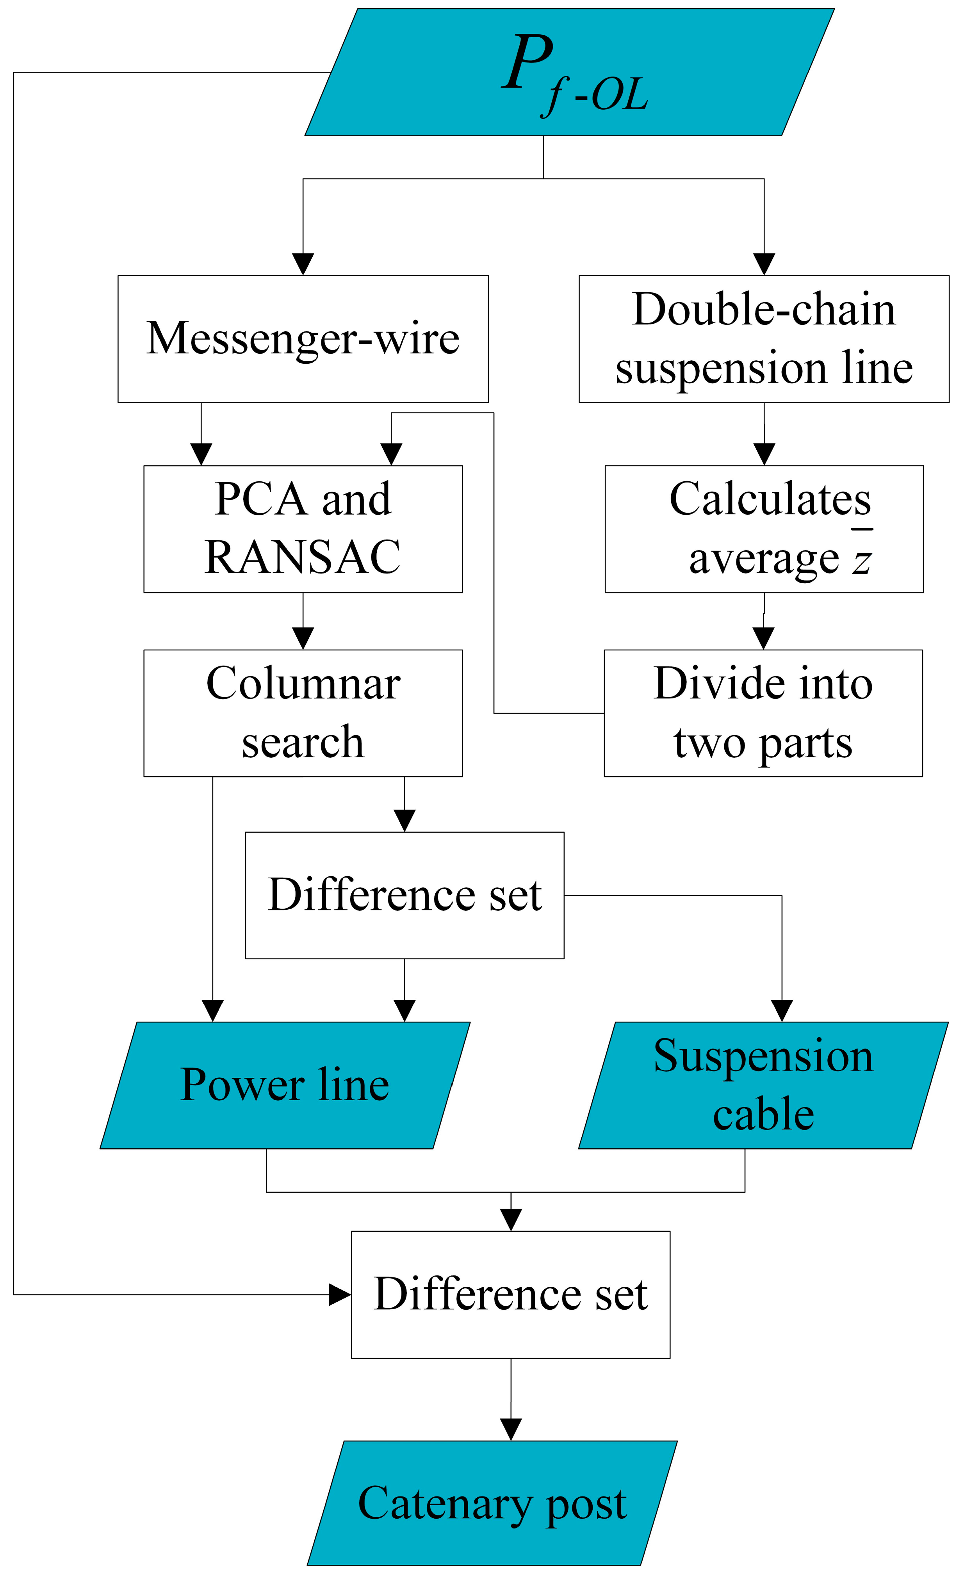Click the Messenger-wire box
pyautogui.click(x=303, y=339)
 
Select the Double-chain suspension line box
pyautogui.click(x=764, y=339)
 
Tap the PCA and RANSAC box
pyautogui.click(x=303, y=529)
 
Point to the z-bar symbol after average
pyautogui.click(x=862, y=557)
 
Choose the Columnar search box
pyautogui.click(x=303, y=713)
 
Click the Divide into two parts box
pyautogui.click(x=763, y=713)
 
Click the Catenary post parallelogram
pyautogui.click(x=492, y=1502)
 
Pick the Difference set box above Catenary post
pyautogui.click(x=511, y=1294)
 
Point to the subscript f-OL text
pyautogui.click(x=596, y=96)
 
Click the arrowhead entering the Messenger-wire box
pyautogui.click(x=303, y=264)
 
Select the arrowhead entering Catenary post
pyautogui.click(x=511, y=1429)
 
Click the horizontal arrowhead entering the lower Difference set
pyautogui.click(x=339, y=1294)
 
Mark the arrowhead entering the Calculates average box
pyautogui.click(x=764, y=454)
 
